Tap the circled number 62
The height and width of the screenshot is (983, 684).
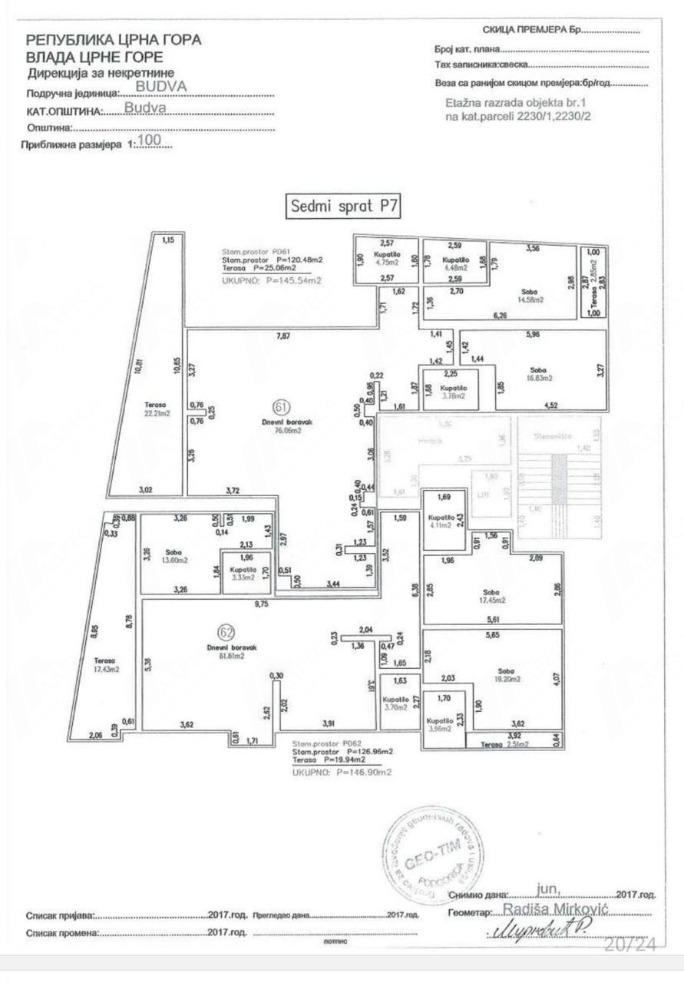tap(225, 633)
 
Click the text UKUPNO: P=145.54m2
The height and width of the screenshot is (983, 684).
tap(271, 282)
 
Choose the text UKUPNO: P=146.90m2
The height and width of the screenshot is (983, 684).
tap(342, 772)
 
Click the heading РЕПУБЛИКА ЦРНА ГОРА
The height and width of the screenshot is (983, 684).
tap(114, 41)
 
